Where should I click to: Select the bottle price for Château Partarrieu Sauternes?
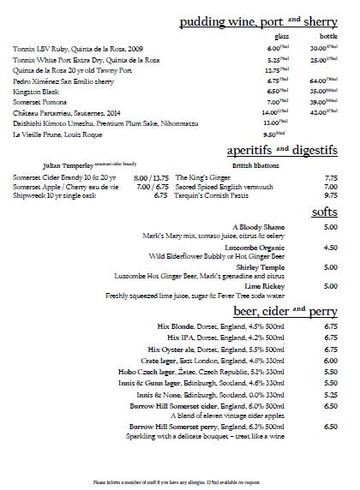click(321, 111)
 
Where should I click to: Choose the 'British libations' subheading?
click(229, 164)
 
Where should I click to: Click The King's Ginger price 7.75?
click(330, 176)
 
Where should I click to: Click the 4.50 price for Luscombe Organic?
click(330, 247)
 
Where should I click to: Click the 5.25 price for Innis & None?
click(330, 395)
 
